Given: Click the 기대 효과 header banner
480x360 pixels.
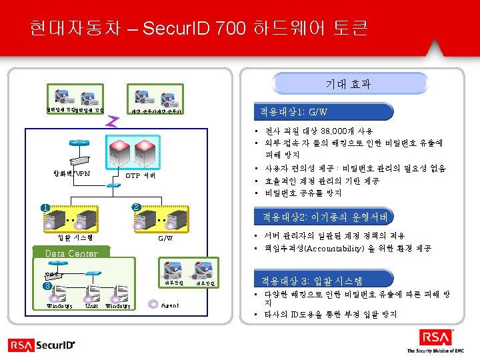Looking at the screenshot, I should (349, 84).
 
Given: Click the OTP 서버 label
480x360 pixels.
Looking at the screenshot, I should (141, 175).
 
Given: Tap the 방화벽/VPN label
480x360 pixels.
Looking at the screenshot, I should (72, 175).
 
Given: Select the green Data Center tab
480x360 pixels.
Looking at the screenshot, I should (71, 253).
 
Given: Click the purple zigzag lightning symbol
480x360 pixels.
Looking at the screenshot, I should (113, 121).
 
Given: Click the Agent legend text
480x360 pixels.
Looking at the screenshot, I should (171, 305).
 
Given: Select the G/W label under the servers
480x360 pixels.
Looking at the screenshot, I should (165, 238).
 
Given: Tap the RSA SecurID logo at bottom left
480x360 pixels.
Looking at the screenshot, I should (42, 345).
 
